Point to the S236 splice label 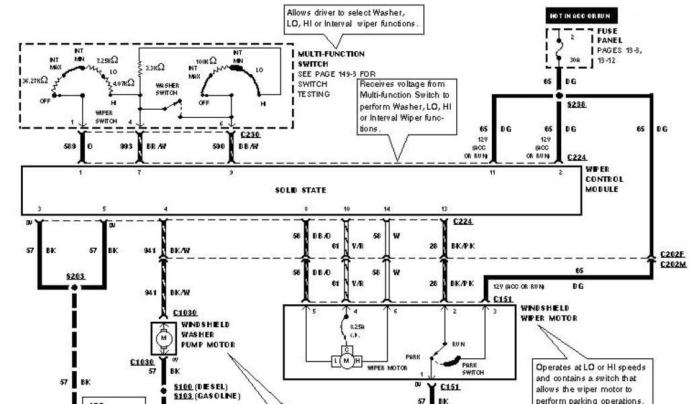(x=577, y=104)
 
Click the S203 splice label (x=75, y=276)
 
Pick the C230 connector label (x=250, y=135)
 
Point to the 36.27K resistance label (x=35, y=79)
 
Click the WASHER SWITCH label (x=167, y=90)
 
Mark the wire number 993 (x=126, y=145)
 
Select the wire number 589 (x=69, y=145)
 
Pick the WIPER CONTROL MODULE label (x=604, y=179)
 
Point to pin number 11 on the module (x=493, y=173)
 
